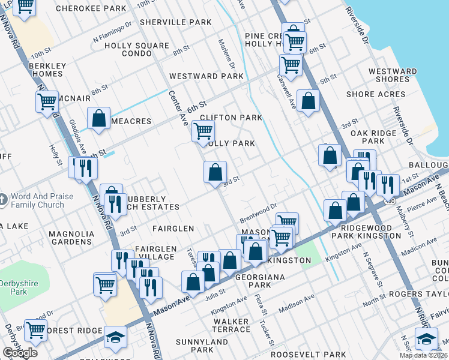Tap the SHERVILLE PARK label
[175, 22]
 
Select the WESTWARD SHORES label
[393, 75]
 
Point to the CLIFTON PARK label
[231, 118]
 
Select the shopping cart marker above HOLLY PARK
[203, 130]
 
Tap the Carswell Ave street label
[286, 91]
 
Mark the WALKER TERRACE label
[231, 326]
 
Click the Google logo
[20, 353]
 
